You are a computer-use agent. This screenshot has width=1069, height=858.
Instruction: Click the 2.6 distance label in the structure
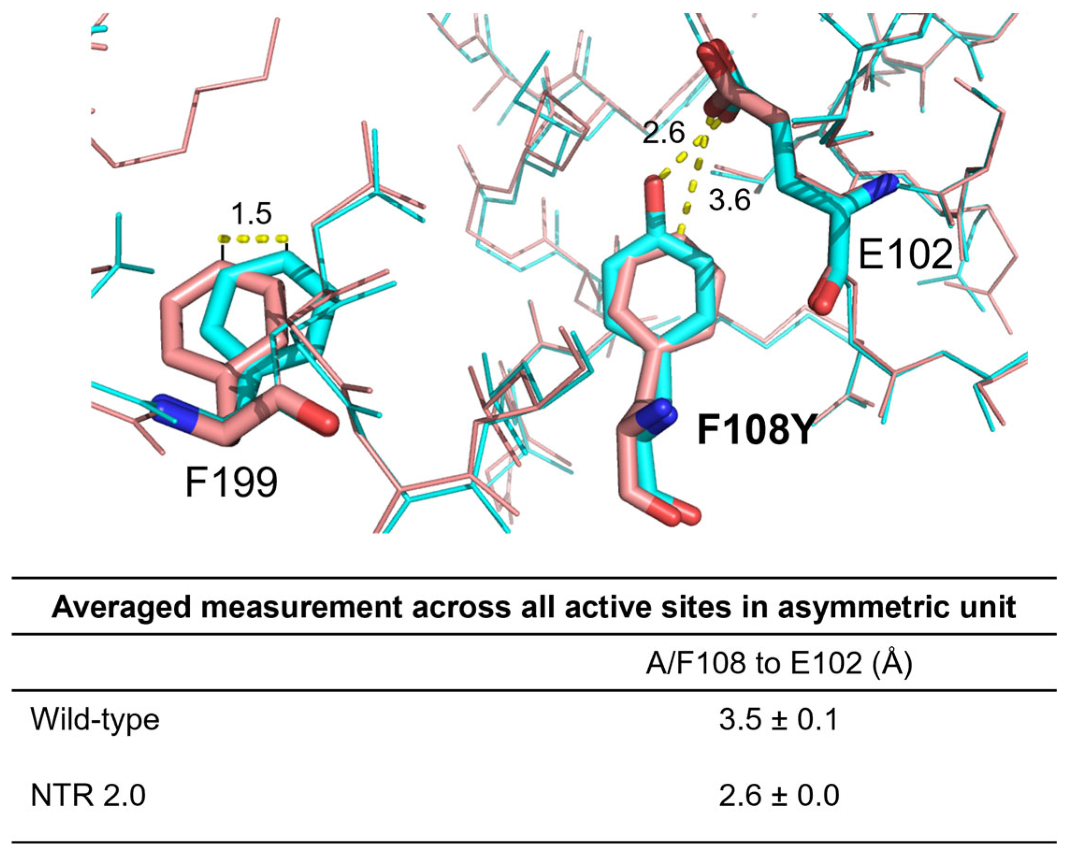tap(663, 133)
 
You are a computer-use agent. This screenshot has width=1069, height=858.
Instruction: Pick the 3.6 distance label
tap(729, 201)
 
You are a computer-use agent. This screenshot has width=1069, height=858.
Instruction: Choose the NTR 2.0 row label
tap(88, 795)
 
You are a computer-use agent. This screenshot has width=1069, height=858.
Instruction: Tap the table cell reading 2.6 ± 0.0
tap(779, 795)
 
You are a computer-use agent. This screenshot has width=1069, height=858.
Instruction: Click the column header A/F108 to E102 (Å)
tap(779, 663)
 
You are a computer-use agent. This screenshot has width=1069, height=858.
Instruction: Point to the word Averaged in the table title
tap(122, 607)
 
